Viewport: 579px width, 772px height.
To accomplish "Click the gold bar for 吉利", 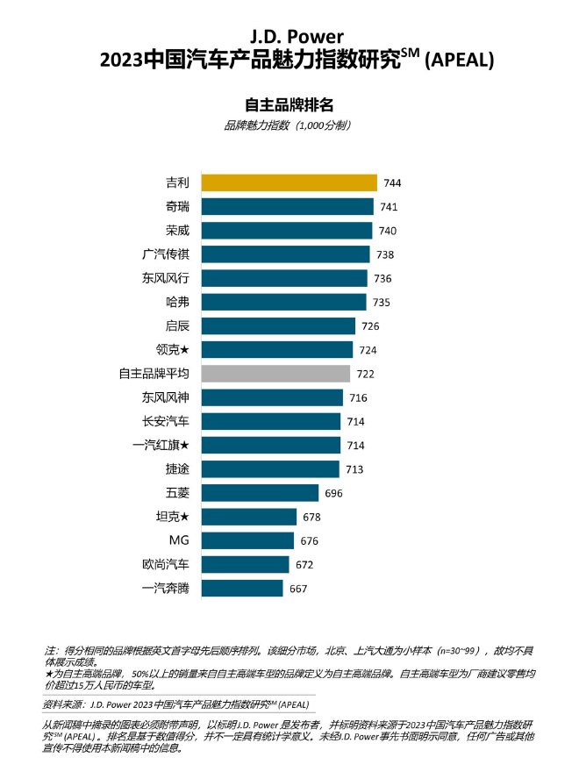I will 289,182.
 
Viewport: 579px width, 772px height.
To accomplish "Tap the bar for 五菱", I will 260,493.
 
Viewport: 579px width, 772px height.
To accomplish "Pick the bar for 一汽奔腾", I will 242,589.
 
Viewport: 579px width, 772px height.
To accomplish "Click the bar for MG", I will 247,540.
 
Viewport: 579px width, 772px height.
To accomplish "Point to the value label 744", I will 391,183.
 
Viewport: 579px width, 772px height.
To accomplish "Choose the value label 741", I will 389,207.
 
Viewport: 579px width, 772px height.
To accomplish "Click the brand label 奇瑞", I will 176,206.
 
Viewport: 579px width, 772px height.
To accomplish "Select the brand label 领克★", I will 171,350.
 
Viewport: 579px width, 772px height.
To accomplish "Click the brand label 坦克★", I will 171,517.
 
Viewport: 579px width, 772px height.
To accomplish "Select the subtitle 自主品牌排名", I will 289,105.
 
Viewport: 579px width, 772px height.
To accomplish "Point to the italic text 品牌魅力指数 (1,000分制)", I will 289,125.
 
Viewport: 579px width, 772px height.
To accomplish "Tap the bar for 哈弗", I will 283,302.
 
